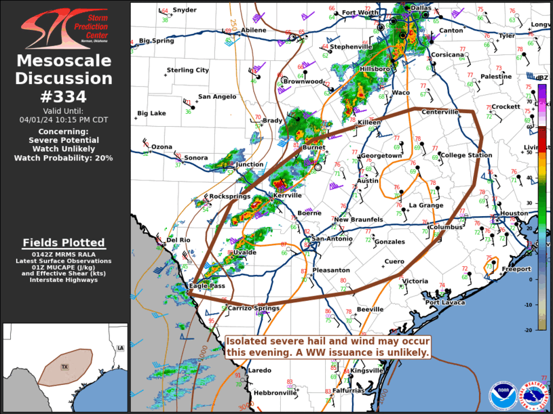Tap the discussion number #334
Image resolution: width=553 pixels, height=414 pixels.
(64, 98)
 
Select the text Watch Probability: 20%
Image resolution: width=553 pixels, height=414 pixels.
(64, 158)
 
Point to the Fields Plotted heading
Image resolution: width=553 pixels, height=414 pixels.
(64, 243)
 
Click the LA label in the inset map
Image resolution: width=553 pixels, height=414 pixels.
(120, 348)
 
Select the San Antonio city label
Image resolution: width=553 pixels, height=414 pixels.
(332, 239)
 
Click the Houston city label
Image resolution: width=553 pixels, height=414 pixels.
(514, 213)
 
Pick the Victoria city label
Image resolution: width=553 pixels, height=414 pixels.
(415, 281)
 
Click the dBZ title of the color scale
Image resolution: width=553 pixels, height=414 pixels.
(541, 78)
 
